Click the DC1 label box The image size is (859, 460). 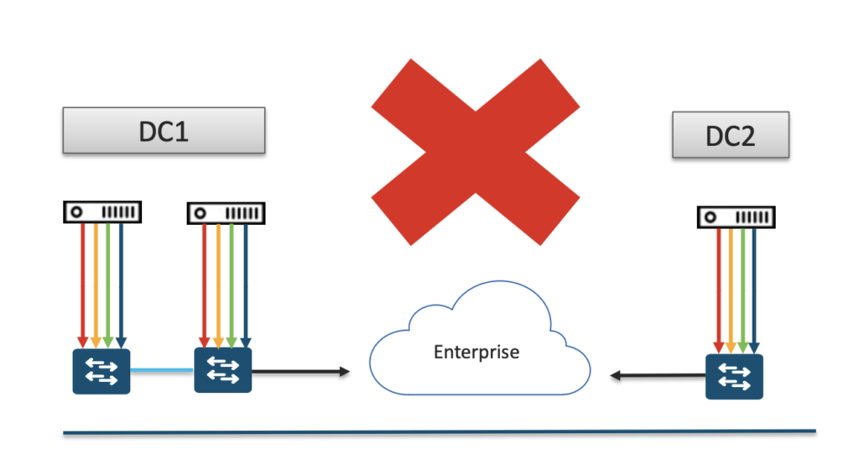click(x=164, y=130)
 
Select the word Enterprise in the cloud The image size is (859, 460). click(x=476, y=352)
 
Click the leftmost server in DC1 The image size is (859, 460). click(x=102, y=212)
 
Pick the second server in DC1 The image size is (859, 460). click(x=225, y=212)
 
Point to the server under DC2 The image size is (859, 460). click(x=736, y=217)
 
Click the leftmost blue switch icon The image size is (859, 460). click(x=101, y=370)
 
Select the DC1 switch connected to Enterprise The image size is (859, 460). click(x=223, y=369)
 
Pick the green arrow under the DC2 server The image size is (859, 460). click(x=743, y=290)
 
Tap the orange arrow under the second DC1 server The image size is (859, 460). click(x=218, y=285)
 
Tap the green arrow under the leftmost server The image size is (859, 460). click(x=108, y=285)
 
